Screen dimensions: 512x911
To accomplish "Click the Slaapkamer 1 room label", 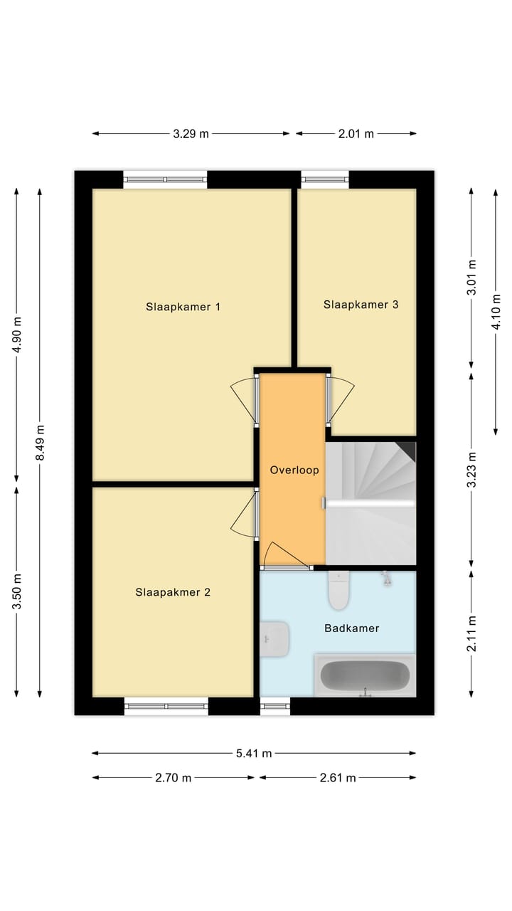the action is pyautogui.click(x=183, y=307).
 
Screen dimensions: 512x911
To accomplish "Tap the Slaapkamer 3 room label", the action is pyautogui.click(x=361, y=305).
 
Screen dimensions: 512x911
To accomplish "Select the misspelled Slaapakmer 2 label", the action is pyautogui.click(x=173, y=592).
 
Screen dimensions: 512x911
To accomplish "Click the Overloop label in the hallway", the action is pyautogui.click(x=294, y=470).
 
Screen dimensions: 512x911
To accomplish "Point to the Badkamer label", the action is pyautogui.click(x=351, y=628).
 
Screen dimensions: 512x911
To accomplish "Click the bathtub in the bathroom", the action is pyautogui.click(x=365, y=675).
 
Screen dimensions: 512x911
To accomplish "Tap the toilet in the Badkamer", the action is pyautogui.click(x=338, y=591).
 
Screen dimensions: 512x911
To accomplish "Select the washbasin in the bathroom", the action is pyautogui.click(x=274, y=638).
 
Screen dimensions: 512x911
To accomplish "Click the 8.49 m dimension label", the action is pyautogui.click(x=40, y=443).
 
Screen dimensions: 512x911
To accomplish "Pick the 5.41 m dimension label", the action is pyautogui.click(x=254, y=753).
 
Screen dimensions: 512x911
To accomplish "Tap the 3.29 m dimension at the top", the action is pyautogui.click(x=191, y=134).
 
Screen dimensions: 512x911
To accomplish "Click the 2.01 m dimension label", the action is pyautogui.click(x=356, y=134).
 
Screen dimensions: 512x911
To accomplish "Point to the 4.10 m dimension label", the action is pyautogui.click(x=496, y=312).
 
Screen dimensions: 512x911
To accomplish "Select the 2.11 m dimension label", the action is pyautogui.click(x=471, y=633).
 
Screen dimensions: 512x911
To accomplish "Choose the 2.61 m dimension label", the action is pyautogui.click(x=338, y=778).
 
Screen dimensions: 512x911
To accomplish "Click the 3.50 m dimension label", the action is pyautogui.click(x=16, y=591).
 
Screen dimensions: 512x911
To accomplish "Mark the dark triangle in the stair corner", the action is pyautogui.click(x=408, y=449).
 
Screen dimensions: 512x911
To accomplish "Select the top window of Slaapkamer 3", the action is pyautogui.click(x=325, y=179).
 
